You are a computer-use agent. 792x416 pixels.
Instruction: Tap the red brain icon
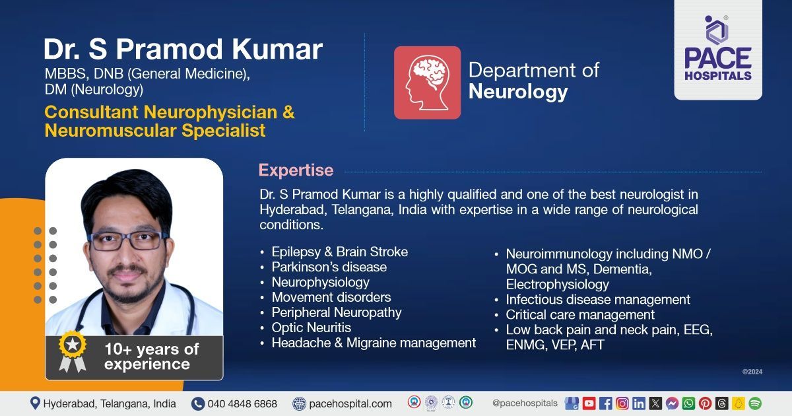coord(427,83)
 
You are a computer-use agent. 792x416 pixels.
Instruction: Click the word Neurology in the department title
coord(518,92)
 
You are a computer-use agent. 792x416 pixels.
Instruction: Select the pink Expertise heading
coord(296,170)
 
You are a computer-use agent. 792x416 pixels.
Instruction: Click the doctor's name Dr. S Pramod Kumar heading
coord(183,50)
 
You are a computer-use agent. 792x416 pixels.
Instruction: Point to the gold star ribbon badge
coord(72,351)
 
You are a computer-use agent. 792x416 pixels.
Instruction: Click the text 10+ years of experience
coord(151,357)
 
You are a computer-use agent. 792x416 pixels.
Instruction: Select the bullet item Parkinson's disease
coord(329,267)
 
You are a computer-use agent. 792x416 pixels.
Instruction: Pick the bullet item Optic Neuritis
coord(311,328)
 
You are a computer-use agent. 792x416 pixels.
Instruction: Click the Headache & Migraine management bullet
coord(373,343)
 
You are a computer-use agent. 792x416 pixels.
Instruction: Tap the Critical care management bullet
coord(580,315)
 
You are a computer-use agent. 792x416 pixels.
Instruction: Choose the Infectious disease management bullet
coord(597,300)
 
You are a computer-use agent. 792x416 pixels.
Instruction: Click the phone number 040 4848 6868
coord(242,403)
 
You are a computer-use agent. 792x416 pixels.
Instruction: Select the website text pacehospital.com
coord(350,403)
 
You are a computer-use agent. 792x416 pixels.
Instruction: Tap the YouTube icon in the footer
coord(589,403)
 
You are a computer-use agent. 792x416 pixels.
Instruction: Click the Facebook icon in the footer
coord(605,403)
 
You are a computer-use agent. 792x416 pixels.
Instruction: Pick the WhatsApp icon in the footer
coord(688,403)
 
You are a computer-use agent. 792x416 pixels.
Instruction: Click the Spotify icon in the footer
coord(755,403)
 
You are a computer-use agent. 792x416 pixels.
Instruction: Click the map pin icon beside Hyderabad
coord(35,403)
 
